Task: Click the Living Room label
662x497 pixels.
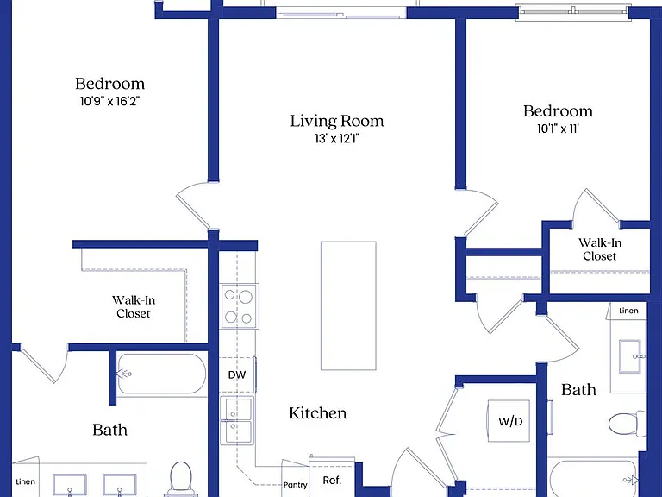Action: [337, 121]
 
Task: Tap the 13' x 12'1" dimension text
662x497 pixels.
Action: [336, 139]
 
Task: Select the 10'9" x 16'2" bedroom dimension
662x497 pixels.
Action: [109, 102]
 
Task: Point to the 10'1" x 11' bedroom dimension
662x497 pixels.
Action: [558, 129]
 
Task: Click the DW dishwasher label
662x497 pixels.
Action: [237, 374]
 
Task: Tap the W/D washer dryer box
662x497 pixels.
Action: [509, 421]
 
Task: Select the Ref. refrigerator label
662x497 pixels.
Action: [332, 480]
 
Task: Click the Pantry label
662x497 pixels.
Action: [295, 485]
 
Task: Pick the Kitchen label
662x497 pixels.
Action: [318, 413]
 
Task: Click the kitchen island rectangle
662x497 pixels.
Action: [348, 305]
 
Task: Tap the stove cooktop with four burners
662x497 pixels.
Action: [239, 306]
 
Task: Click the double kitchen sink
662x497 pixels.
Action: [237, 420]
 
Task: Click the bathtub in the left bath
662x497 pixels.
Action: [162, 374]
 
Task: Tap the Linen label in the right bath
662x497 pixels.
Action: [628, 311]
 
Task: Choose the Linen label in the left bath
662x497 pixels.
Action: [25, 481]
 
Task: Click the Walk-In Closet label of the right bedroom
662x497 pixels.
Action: [600, 249]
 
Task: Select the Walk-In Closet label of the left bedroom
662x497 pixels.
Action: [134, 307]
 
